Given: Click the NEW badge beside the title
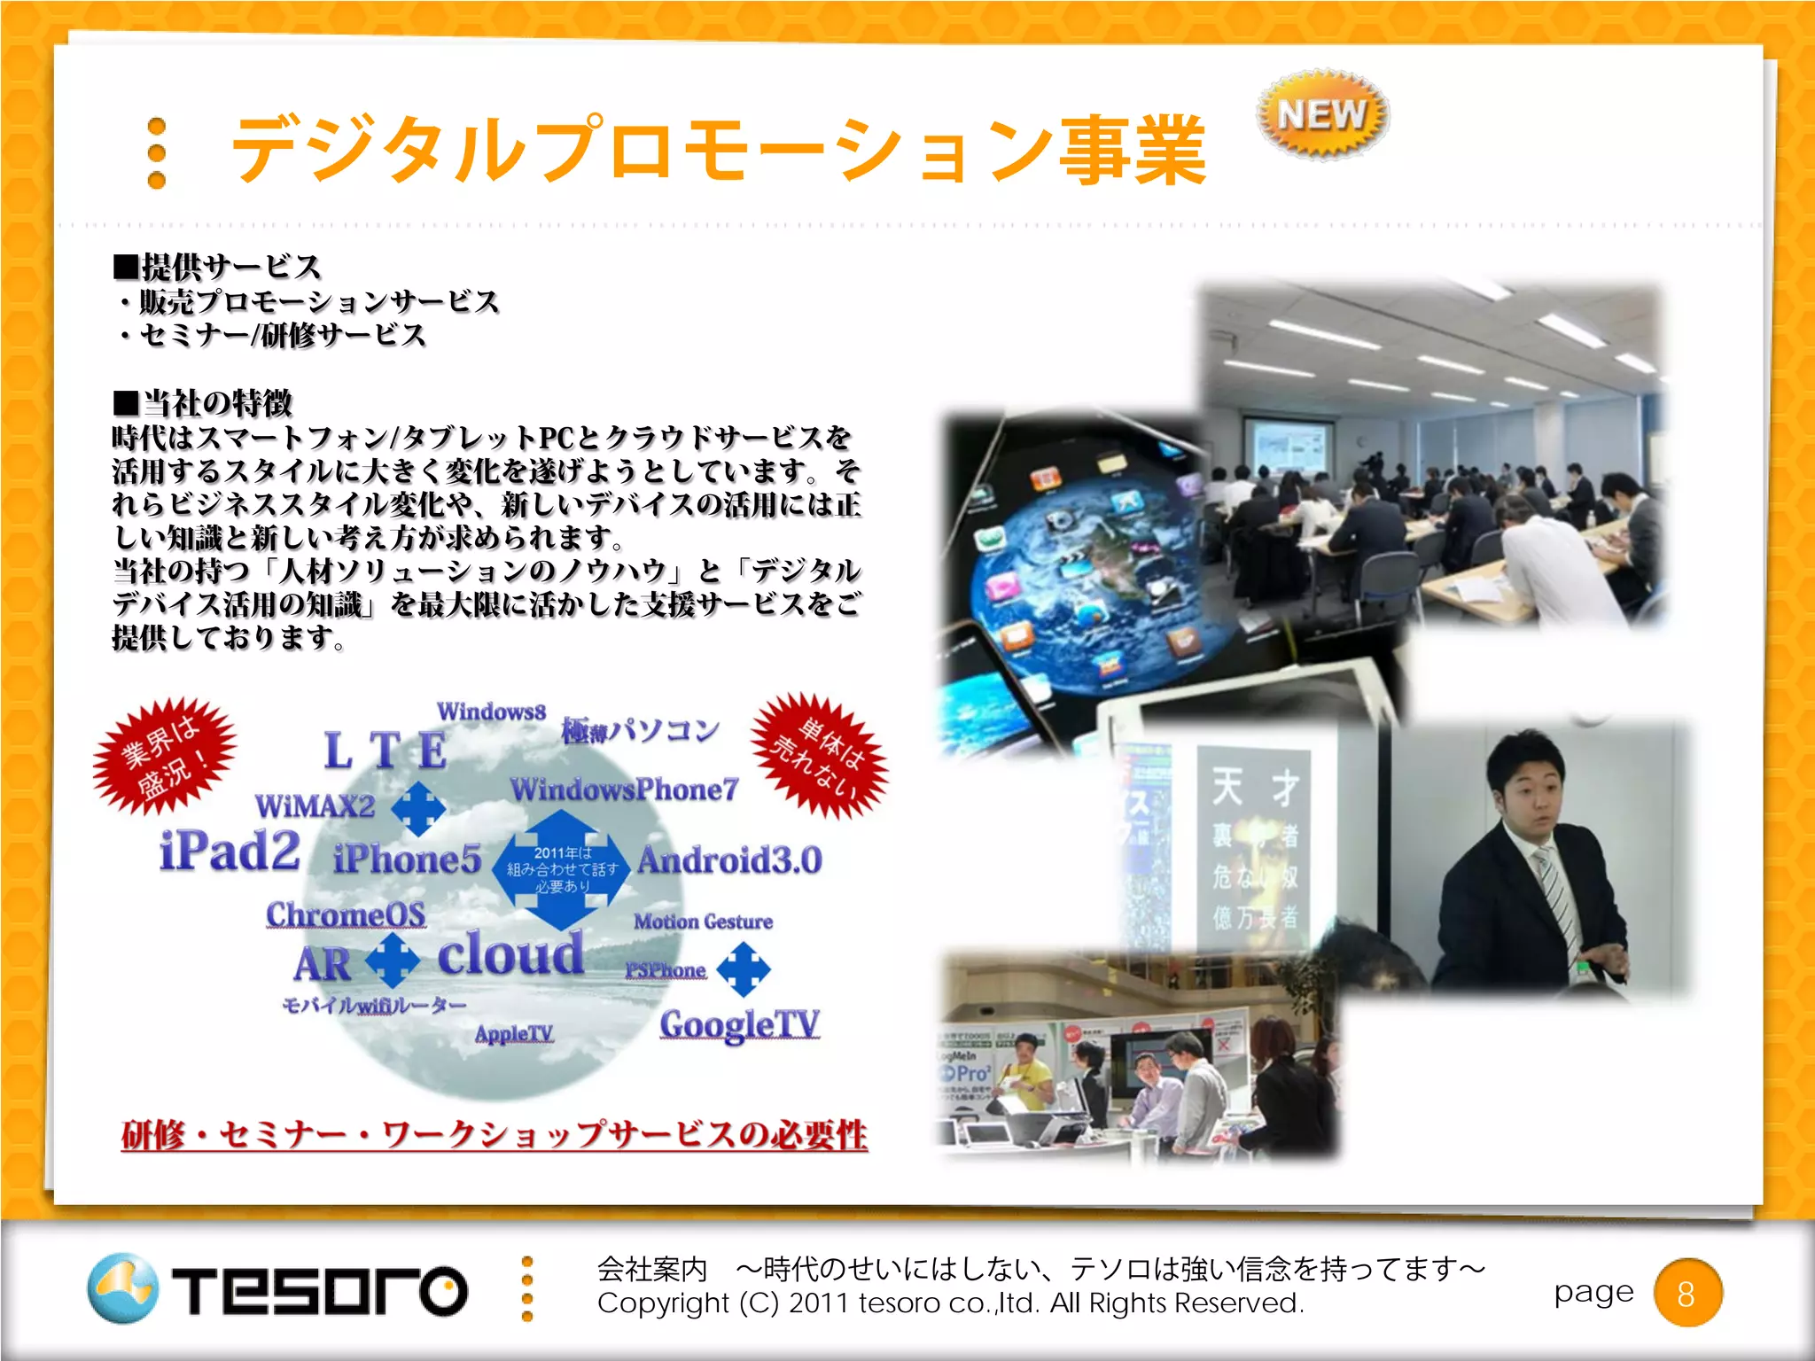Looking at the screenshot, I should (x=1322, y=114).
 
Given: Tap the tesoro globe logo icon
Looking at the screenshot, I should (x=123, y=1288).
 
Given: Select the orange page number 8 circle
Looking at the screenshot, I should (x=1687, y=1294).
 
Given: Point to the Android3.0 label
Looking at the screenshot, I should (x=729, y=860).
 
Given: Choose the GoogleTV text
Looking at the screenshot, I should (x=740, y=1025).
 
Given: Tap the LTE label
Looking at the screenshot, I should (x=385, y=751).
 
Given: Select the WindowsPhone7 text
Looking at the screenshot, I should (x=624, y=789).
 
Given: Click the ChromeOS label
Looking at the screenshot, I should (x=347, y=914).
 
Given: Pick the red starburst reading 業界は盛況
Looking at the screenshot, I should (x=165, y=755).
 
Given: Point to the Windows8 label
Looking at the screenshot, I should (x=491, y=712).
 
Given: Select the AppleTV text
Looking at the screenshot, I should (x=514, y=1034).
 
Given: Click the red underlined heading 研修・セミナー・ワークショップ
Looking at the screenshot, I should (x=494, y=1135).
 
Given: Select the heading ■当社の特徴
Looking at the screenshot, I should (x=203, y=403).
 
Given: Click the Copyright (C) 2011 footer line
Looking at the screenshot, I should (x=950, y=1303).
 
